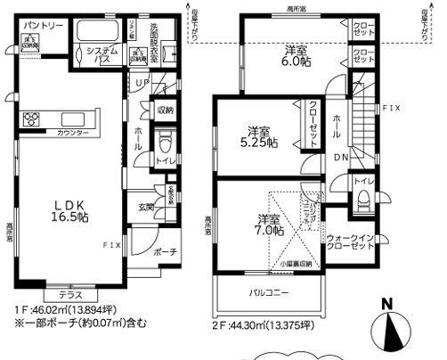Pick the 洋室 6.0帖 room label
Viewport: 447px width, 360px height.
point(297,55)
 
